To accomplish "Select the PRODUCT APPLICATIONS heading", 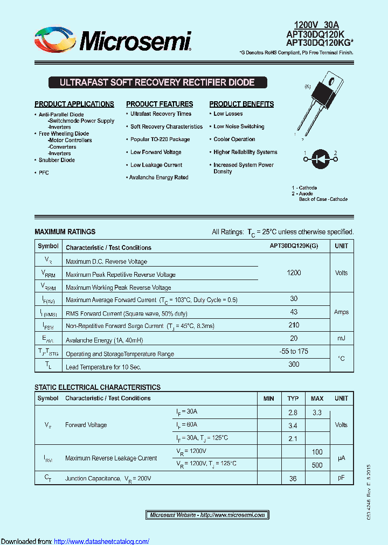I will pos(74,104).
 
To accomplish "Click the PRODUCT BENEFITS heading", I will pos(241,104).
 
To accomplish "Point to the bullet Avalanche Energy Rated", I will pos(158,178).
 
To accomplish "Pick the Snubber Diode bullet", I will pos(57,160).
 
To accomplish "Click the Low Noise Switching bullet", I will pos(239,127).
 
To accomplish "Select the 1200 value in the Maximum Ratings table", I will pos(294,273).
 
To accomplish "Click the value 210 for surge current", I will pos(294,325).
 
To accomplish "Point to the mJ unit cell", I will pos(341,338).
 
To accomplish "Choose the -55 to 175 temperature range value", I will pos(294,352).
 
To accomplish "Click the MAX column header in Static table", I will pos(317,399).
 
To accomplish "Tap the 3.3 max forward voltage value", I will pos(317,413).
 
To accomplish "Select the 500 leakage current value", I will pos(317,465).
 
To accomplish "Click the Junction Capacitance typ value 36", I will pos(293,478).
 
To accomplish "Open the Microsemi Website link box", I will pos(207,515).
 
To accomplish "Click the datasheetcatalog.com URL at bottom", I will pos(102,541).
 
